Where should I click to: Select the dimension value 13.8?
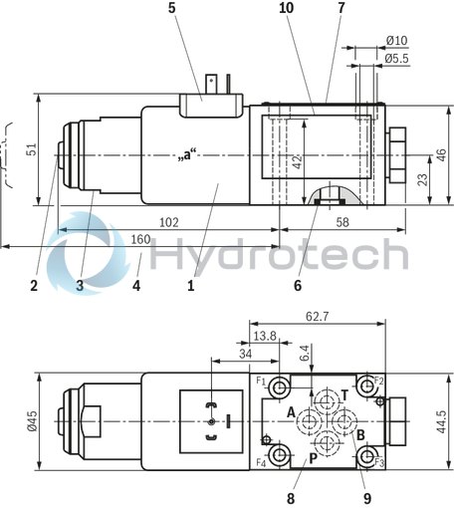pyautogui.click(x=264, y=338)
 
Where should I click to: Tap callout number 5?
pyautogui.click(x=172, y=9)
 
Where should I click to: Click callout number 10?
pyautogui.click(x=286, y=9)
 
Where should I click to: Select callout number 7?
pyautogui.click(x=340, y=9)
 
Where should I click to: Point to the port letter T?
pyautogui.click(x=344, y=394)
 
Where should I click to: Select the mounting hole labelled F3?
pyautogui.click(x=368, y=457)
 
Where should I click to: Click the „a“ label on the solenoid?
pyautogui.click(x=184, y=155)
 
